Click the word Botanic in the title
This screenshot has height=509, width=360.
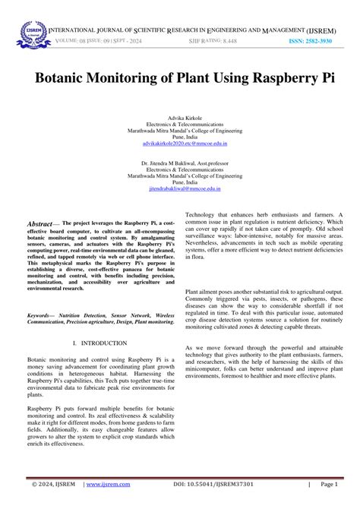tap(66, 78)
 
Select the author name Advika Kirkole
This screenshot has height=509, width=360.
tap(180, 119)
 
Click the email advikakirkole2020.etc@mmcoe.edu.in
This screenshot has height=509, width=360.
tap(180, 143)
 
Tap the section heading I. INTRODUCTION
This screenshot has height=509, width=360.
tap(105, 322)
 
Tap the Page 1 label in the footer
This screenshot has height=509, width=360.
tap(329, 483)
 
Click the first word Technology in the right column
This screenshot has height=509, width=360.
tap(201, 215)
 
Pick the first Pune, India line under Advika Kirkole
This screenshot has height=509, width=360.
tap(180, 137)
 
